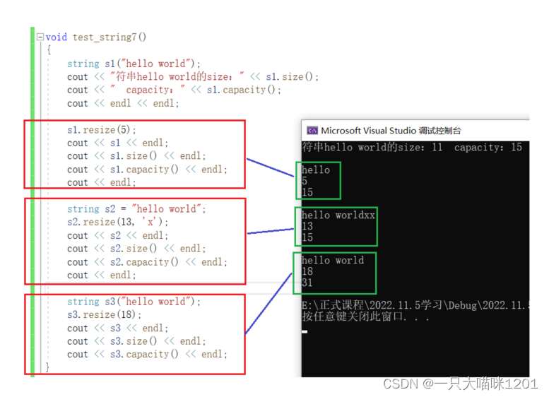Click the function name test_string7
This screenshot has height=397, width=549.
pos(105,37)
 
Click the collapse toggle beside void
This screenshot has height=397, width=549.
pos(40,37)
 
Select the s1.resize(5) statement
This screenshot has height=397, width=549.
pos(102,130)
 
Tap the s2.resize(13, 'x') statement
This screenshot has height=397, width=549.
pos(117,222)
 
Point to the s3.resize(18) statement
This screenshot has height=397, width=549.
pos(105,315)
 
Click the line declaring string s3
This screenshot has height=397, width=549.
pos(134,302)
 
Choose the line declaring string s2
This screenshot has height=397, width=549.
pos(136,209)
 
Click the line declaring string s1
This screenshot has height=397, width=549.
pos(134,64)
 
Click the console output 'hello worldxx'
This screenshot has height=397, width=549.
pos(338,215)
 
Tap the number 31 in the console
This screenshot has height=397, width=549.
pos(307,283)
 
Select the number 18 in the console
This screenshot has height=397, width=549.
pos(307,271)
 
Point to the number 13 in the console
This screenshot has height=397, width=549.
pos(307,226)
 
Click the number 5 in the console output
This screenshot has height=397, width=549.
pos(305,181)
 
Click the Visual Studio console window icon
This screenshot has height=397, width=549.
pos(312,131)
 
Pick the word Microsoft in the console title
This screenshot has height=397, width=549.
pos(341,131)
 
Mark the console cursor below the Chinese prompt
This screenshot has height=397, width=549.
pos(305,331)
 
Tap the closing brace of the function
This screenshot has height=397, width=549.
pos(47,367)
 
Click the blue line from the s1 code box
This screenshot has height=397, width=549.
pos(271,167)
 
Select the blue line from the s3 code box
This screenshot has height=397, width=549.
pos(268,304)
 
